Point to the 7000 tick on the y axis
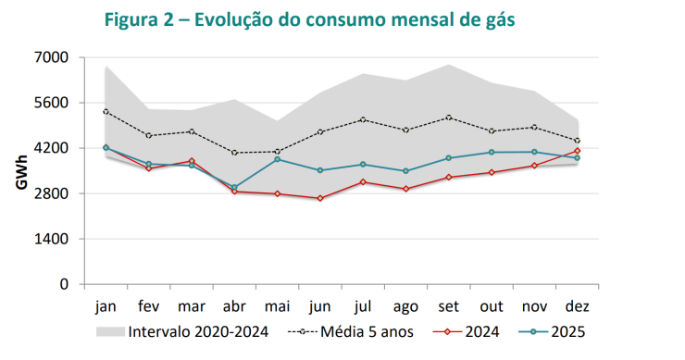pos(52,57)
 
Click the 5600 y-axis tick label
pos(52,103)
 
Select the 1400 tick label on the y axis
pos(52,239)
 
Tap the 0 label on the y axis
pos(65,284)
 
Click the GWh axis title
pos(20,170)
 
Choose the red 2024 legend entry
pos(477,331)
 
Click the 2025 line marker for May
pos(278,159)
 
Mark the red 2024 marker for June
pos(320,198)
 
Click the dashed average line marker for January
pos(106,112)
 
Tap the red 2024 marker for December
pos(578,150)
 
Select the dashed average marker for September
pos(449,118)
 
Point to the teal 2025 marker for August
pos(406,171)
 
